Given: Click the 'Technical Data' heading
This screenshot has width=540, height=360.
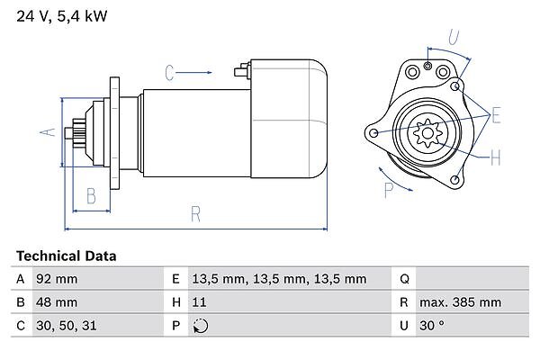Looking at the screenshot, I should pos(66,256).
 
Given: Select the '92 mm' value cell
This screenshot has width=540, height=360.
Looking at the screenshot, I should pos(56,279).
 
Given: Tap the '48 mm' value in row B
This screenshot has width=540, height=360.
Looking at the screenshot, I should pos(56,302).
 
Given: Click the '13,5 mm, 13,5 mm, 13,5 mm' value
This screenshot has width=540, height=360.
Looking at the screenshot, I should pos(281,279).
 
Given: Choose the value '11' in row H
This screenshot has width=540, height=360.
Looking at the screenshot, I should pos(201,302).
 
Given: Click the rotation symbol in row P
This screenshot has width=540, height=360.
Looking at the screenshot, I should pos(201,326).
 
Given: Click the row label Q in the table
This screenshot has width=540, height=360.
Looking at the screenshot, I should pos(404,279).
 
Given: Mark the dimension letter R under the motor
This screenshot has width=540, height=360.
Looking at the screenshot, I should pos(195,214).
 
